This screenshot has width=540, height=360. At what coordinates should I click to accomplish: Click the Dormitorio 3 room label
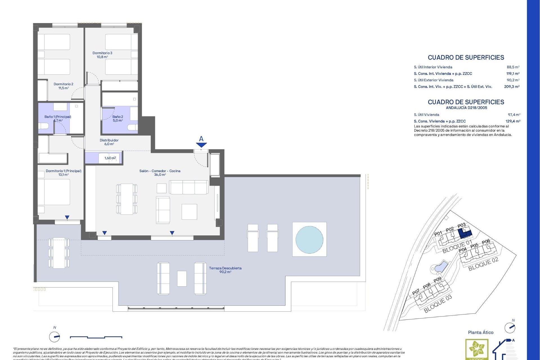click(102, 55)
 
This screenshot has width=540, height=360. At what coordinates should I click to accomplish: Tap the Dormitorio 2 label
click(64, 86)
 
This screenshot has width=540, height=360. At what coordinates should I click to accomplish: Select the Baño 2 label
click(118, 118)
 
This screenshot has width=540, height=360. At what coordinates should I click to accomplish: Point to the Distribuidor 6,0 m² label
click(109, 142)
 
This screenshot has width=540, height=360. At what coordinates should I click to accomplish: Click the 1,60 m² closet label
click(110, 158)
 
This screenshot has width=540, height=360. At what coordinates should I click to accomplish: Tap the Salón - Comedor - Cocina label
click(160, 172)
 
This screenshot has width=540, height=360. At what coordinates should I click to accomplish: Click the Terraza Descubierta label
click(225, 270)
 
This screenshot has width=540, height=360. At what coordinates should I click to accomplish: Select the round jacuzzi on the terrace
click(309, 239)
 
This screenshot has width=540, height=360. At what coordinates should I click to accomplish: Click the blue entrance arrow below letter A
click(201, 145)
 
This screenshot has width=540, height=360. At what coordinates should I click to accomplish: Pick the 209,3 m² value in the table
click(512, 87)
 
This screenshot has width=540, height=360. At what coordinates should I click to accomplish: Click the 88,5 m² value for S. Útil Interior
click(513, 67)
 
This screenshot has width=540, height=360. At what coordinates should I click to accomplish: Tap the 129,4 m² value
click(513, 121)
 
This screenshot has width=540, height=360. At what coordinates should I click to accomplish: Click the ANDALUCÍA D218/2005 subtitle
click(466, 108)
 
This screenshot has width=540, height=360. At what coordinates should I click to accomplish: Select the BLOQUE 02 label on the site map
click(483, 264)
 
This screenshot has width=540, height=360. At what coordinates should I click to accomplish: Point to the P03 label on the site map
click(462, 226)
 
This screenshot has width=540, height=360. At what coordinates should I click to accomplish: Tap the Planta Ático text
click(481, 332)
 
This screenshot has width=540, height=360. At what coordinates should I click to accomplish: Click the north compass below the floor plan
click(55, 337)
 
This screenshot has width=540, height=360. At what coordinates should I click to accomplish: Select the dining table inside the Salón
click(127, 199)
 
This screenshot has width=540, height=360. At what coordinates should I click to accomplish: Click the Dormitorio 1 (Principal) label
click(64, 172)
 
